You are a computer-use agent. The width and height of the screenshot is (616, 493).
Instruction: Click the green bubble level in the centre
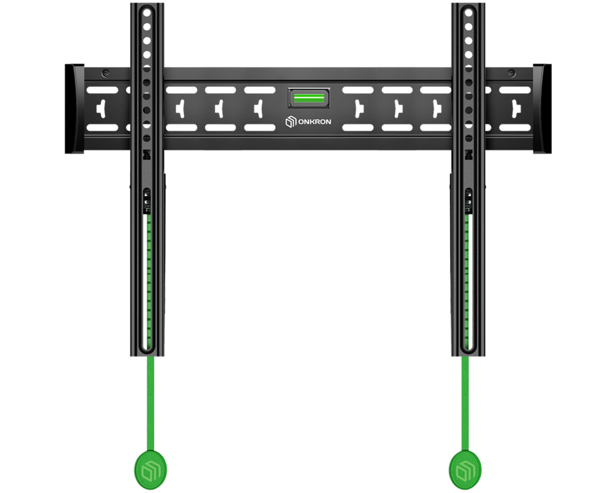pyautogui.click(x=309, y=98)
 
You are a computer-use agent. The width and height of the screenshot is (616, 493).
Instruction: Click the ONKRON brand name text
pyautogui.click(x=314, y=122)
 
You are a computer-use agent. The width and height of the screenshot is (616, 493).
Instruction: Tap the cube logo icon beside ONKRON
pyautogui.click(x=291, y=122)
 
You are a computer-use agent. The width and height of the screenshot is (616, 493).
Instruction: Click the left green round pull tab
pyautogui.click(x=150, y=470)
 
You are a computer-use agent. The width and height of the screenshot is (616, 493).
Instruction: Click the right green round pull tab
pyautogui.click(x=465, y=470)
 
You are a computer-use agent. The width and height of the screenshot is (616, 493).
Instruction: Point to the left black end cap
pyautogui.click(x=75, y=109)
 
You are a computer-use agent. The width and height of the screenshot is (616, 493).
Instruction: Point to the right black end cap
pyautogui.click(x=542, y=109)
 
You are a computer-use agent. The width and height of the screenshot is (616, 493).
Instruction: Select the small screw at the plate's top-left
pyautogui.click(x=105, y=73)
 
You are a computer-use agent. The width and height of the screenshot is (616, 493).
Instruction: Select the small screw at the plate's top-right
pyautogui.click(x=511, y=73)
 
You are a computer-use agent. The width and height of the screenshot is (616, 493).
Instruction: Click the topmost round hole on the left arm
pyautogui.click(x=147, y=13)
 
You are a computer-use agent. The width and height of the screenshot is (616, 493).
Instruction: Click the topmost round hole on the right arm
pyautogui.click(x=468, y=13)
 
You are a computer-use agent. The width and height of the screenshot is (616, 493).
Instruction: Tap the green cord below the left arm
pyautogui.click(x=150, y=404)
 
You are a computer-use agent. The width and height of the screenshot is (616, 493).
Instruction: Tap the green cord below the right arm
pyautogui.click(x=466, y=404)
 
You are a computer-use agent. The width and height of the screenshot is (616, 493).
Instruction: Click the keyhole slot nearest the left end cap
pyautogui.click(x=102, y=109)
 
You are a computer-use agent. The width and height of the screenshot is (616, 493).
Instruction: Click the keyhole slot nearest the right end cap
pyautogui.click(x=516, y=109)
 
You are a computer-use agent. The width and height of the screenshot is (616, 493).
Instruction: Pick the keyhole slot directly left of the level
pyautogui.click(x=259, y=109)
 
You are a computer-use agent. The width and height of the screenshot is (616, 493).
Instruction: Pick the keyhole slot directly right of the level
pyautogui.click(x=359, y=109)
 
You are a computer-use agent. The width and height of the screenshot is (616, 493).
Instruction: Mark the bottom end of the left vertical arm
pyautogui.click(x=147, y=356)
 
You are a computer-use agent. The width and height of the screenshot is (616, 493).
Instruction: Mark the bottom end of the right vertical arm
pyautogui.click(x=468, y=356)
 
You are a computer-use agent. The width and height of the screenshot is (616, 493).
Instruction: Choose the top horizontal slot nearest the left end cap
pyautogui.click(x=102, y=90)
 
